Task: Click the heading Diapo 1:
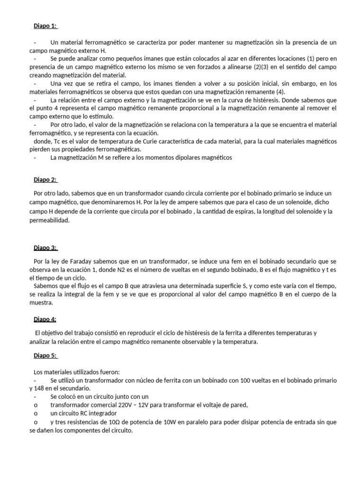click(x=45, y=26)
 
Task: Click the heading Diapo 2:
click(x=45, y=180)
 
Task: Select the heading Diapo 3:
click(x=45, y=248)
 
